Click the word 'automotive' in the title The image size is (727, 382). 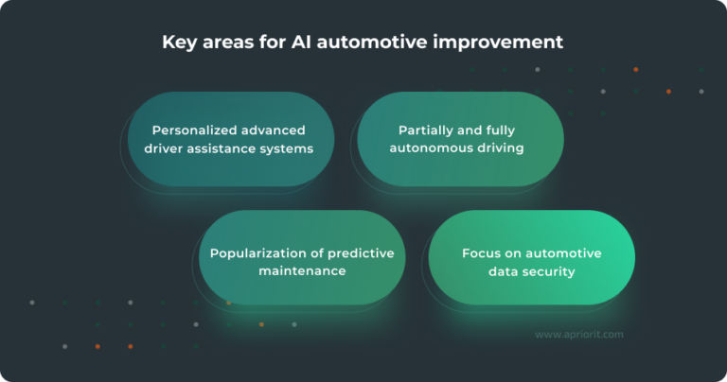[x=387, y=43]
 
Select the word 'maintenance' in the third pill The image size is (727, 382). [x=302, y=271]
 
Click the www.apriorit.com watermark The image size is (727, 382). [x=578, y=335]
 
